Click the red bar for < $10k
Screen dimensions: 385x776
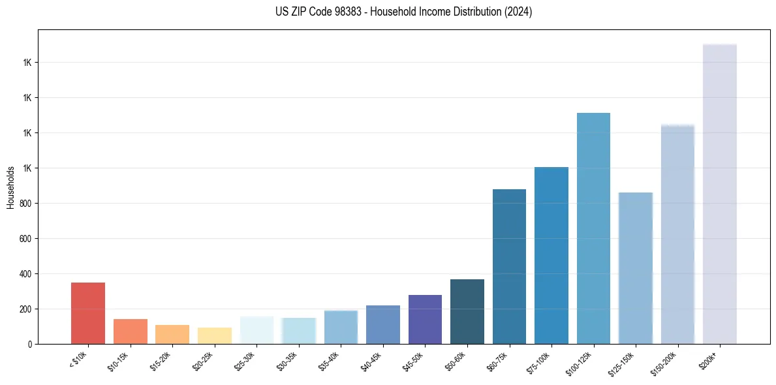click(88, 313)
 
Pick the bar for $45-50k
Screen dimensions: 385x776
click(425, 319)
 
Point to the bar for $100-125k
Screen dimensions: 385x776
click(593, 228)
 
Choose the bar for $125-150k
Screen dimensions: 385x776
click(635, 268)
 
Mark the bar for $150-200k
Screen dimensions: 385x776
click(677, 234)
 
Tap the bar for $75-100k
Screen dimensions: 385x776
click(551, 255)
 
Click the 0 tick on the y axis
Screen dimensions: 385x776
click(31, 344)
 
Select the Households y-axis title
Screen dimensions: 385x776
click(11, 187)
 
